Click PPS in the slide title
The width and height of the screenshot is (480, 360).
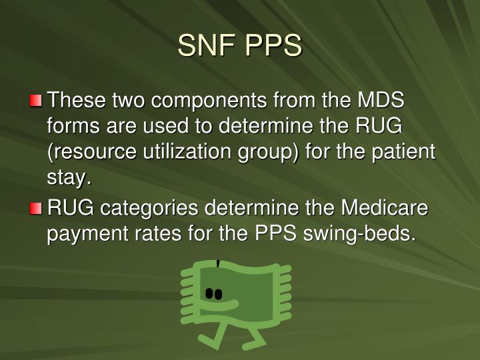click(273, 47)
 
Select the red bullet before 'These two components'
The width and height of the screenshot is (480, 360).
click(35, 102)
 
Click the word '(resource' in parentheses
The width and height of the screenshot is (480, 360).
click(93, 152)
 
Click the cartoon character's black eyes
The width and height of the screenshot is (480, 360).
click(213, 293)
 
